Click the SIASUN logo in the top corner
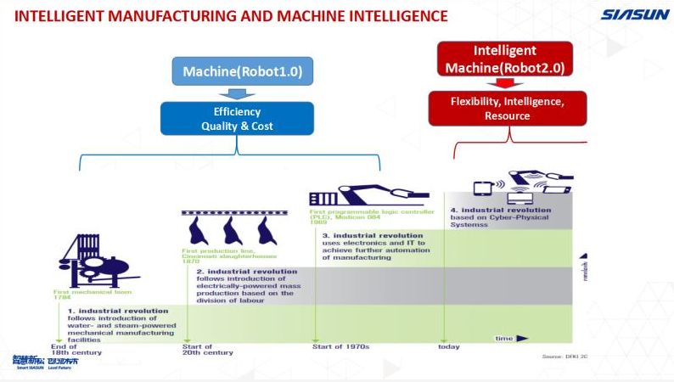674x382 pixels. click(635, 14)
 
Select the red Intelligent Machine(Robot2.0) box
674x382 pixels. click(505, 59)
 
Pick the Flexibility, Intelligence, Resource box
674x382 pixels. click(507, 109)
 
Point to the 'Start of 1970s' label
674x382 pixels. click(339, 346)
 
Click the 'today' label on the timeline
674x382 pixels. click(448, 346)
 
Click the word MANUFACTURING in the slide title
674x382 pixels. click(168, 15)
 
